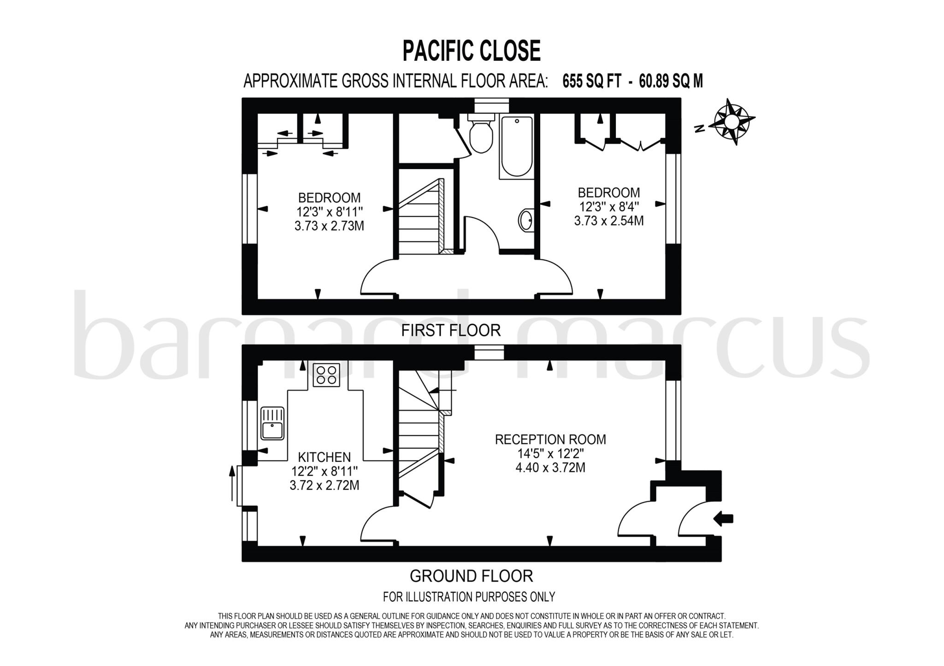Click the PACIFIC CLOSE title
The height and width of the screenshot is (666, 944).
point(471,51)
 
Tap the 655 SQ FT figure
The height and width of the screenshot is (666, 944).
point(591,82)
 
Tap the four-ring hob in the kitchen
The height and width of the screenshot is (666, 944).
point(326,374)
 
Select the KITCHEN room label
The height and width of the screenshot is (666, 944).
point(324,457)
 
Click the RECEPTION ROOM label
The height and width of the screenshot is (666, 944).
point(550,439)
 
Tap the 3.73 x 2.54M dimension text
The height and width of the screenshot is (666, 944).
point(608,221)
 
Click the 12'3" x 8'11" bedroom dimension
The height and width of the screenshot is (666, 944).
point(329,212)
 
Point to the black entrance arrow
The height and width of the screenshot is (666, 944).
point(723,519)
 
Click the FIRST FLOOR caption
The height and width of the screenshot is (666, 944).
point(450,331)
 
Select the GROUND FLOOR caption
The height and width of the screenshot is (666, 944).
point(471,576)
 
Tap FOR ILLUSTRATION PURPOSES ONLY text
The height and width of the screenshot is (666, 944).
point(469,597)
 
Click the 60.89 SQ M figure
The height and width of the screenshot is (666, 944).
point(671,82)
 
